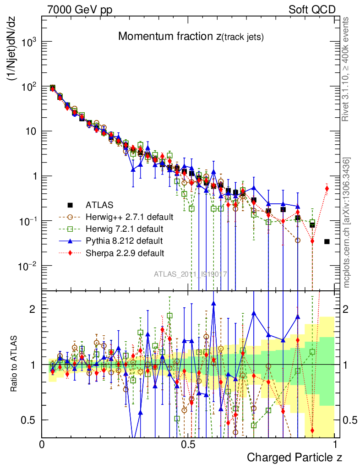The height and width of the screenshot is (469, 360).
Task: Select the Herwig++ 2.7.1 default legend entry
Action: [x=129, y=216]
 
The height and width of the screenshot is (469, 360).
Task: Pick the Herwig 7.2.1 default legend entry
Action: [x=124, y=228]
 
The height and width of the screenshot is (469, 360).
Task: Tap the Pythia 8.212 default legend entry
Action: [x=124, y=240]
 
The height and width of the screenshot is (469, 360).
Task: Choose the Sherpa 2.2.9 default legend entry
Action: [x=125, y=252]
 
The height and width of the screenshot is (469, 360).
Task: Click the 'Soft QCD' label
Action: [x=311, y=9]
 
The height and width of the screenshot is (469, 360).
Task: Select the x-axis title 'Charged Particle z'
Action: [x=295, y=457]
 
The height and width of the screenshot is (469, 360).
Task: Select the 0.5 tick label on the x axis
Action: [x=188, y=444]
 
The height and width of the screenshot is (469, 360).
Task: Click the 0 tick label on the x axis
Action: [x=42, y=444]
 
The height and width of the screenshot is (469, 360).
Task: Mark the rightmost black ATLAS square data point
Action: [x=327, y=241]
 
